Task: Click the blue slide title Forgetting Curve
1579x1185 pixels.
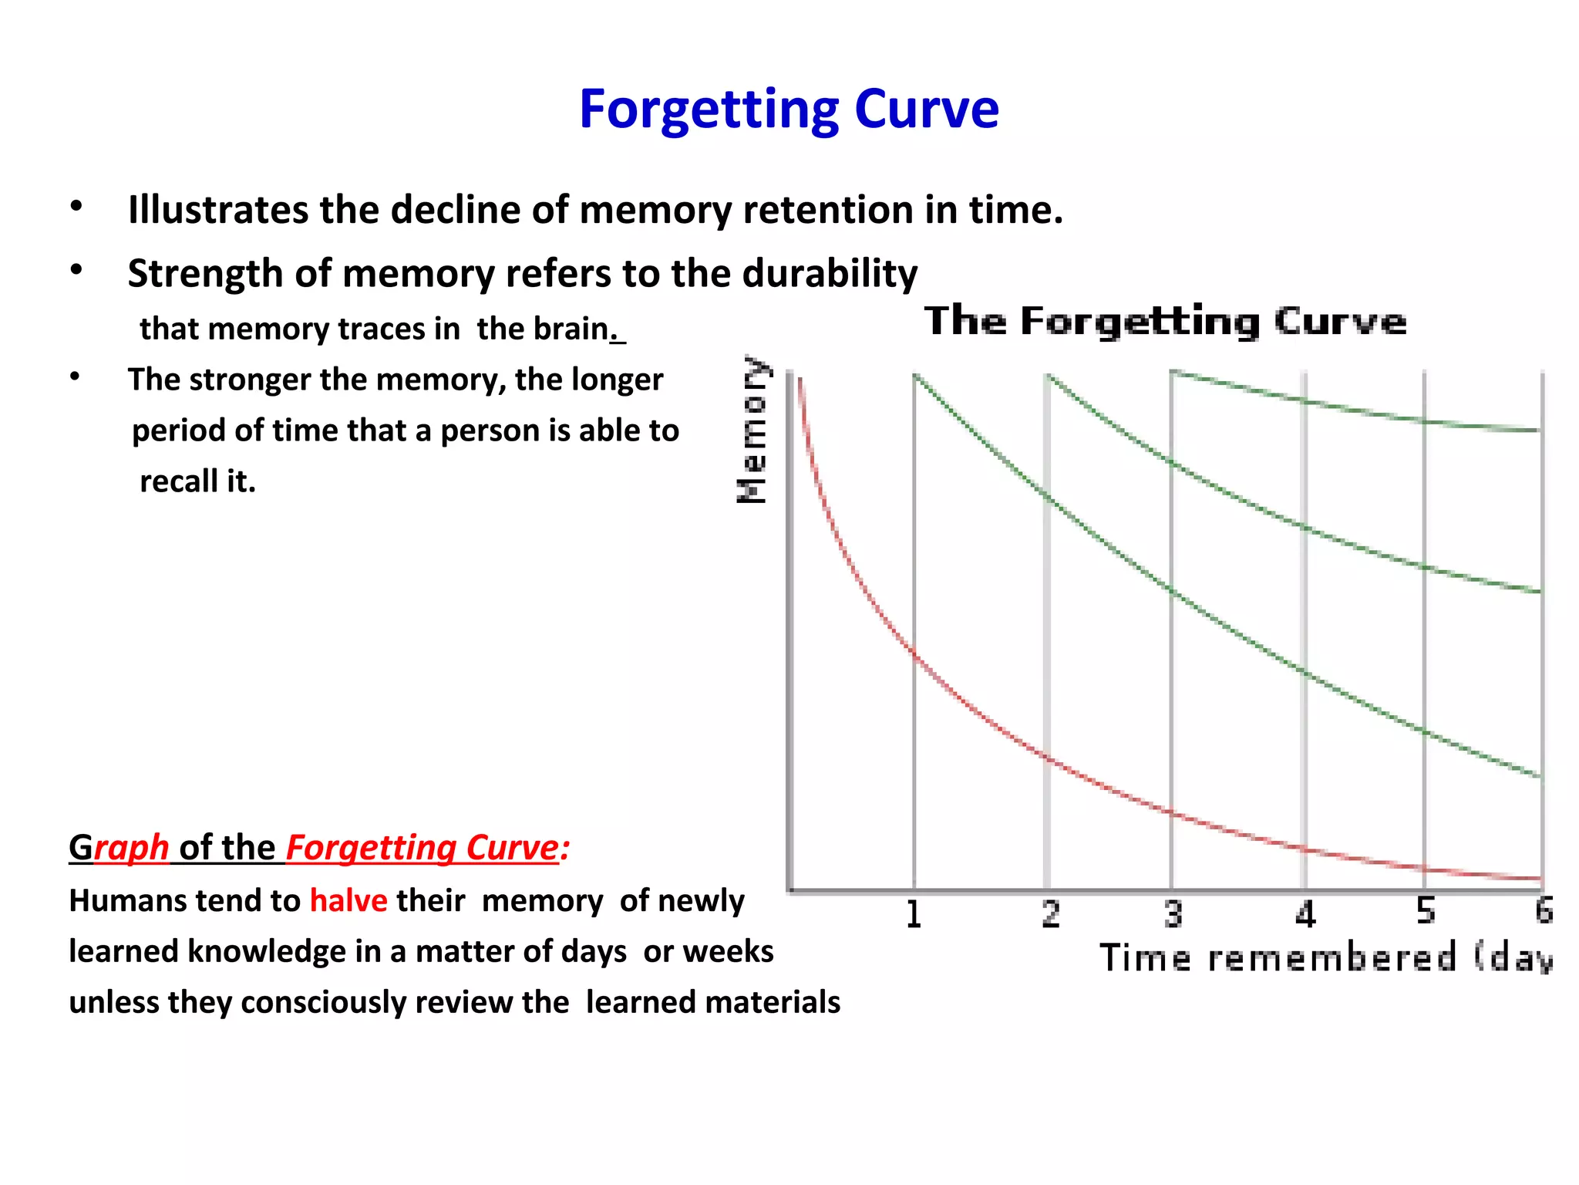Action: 789,109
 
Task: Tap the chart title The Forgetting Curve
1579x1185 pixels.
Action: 1165,321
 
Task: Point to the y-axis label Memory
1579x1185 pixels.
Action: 752,430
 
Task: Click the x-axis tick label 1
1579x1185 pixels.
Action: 914,914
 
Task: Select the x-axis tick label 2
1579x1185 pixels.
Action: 1050,914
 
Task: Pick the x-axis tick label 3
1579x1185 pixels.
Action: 1173,914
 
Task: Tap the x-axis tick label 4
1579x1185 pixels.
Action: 1305,914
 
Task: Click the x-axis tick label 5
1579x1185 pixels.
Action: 1426,912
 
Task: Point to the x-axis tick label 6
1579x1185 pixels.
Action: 1544,911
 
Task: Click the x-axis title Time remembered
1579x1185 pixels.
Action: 1278,958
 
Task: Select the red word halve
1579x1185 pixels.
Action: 348,901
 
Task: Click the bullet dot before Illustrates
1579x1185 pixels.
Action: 76,207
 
